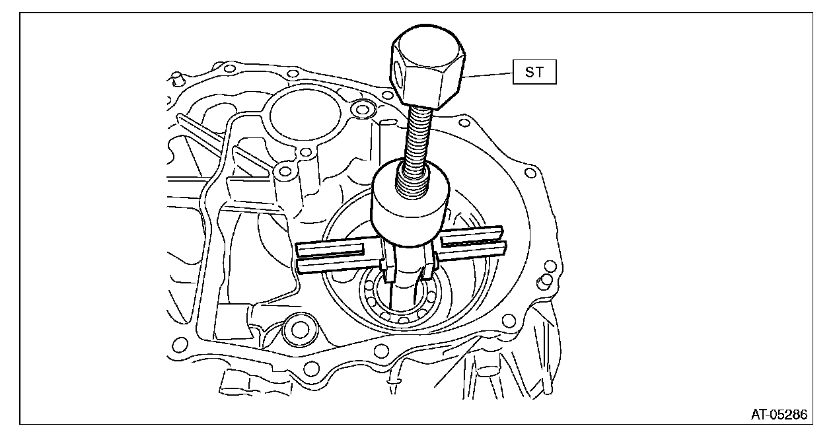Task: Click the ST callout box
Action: coord(534,72)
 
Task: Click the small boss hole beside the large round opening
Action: coord(361,108)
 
